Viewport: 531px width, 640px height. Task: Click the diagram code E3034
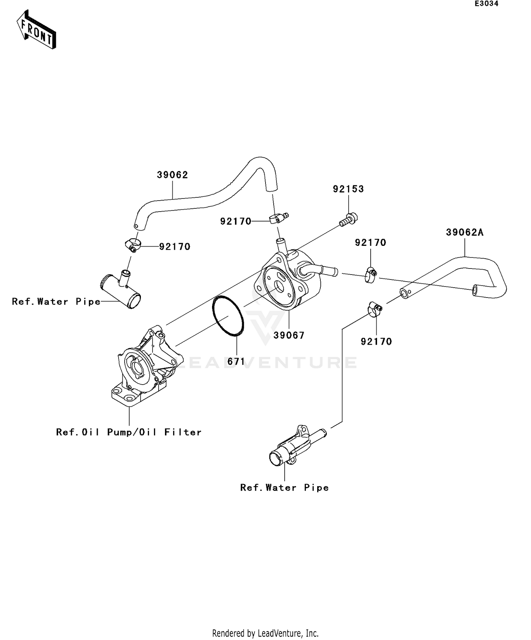(x=486, y=4)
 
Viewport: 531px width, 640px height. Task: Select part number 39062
(x=172, y=175)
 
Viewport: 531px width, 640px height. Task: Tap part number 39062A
(x=464, y=232)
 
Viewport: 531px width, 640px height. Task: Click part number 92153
(x=348, y=189)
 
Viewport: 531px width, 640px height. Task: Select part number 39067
(x=289, y=335)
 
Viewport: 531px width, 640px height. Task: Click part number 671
(x=236, y=362)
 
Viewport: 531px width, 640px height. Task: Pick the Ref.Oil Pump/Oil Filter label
(x=129, y=432)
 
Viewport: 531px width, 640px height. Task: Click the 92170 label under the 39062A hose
(x=376, y=342)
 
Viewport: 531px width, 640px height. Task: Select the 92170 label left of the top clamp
(x=236, y=221)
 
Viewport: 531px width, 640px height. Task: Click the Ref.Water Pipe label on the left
(x=56, y=302)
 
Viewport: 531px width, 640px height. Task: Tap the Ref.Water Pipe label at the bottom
(x=284, y=488)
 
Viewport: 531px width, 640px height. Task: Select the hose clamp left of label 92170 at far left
(x=133, y=244)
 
